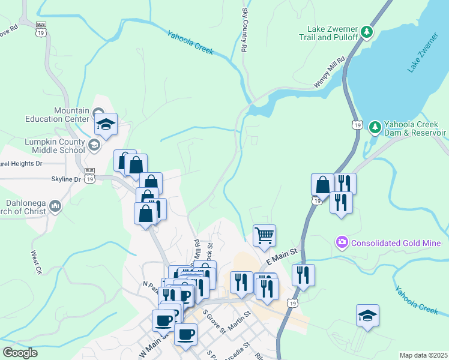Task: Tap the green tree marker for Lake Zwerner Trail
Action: pos(367,31)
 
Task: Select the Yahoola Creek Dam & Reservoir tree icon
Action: pos(375,127)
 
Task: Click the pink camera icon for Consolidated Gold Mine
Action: pos(342,242)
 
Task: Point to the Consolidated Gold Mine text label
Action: pos(396,243)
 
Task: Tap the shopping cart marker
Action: pos(264,235)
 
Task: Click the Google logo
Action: pos(20,352)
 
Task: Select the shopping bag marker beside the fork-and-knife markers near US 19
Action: pos(322,184)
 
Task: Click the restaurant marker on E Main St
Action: pos(303,275)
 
